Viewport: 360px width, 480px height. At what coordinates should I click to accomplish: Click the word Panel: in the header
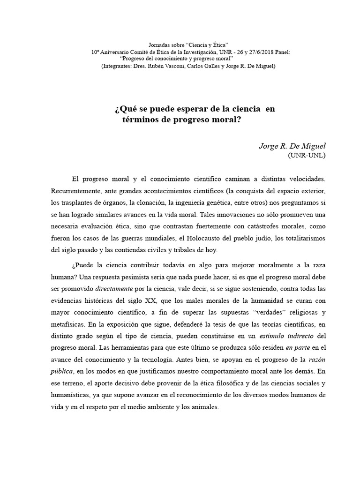(280, 52)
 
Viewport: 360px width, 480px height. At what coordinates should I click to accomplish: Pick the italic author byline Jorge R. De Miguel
(292, 146)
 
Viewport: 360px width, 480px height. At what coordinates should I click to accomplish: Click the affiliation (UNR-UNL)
(306, 155)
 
